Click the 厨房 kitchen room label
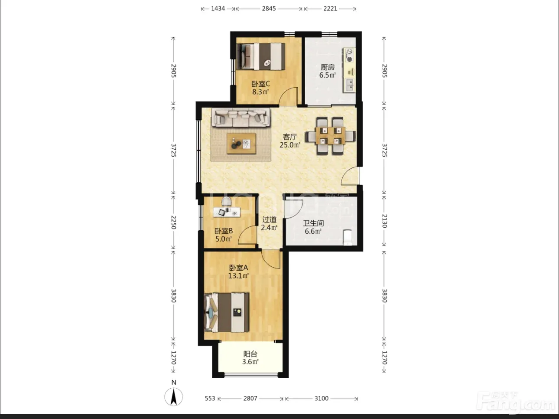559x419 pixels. coord(328,67)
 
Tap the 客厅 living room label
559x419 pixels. coord(290,137)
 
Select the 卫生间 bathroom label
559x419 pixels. coord(313,223)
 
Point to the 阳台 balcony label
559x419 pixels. coord(250,354)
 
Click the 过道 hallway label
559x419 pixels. coord(270,219)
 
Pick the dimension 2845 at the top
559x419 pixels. coord(269,9)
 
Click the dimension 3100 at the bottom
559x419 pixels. coord(322,398)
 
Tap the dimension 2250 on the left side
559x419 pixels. coord(173,222)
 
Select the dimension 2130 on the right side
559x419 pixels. coord(384,221)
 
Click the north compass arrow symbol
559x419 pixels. coord(174,396)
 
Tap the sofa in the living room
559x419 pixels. coord(240,117)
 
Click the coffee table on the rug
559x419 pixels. coord(241,144)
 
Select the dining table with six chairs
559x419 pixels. coord(331,136)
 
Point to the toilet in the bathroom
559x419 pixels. coord(348,238)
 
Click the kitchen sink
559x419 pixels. coord(349,85)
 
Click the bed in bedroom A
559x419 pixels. coord(227,312)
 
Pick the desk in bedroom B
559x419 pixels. coord(227,212)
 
